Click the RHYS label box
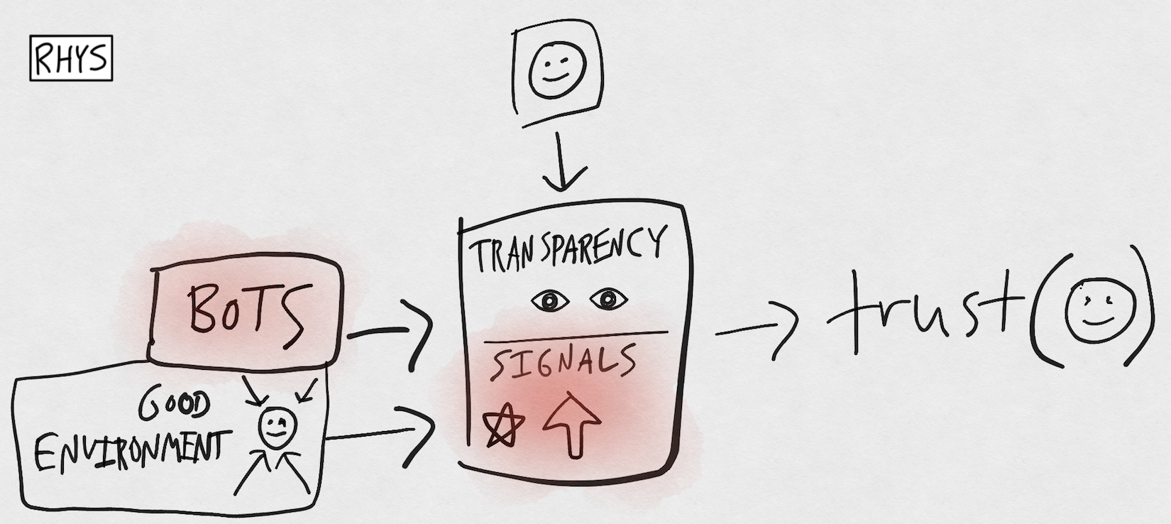71,58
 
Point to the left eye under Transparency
550,301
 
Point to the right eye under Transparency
608,300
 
